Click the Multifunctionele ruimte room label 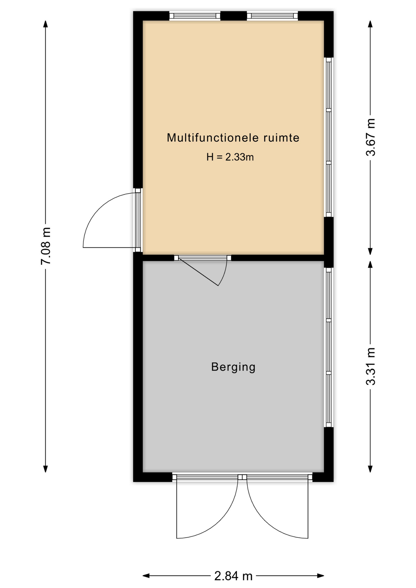233,138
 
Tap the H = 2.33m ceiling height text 230,157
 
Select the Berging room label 233,367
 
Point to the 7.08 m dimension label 46,246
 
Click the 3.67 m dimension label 370,137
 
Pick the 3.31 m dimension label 370,366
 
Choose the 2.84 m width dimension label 233,576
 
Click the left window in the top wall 195,16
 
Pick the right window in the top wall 272,16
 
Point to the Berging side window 329,347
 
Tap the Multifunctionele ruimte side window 329,137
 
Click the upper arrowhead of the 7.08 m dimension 46,24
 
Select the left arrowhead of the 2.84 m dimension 146,576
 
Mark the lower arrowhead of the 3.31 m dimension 370,469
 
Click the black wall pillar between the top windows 234,16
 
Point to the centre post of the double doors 242,477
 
